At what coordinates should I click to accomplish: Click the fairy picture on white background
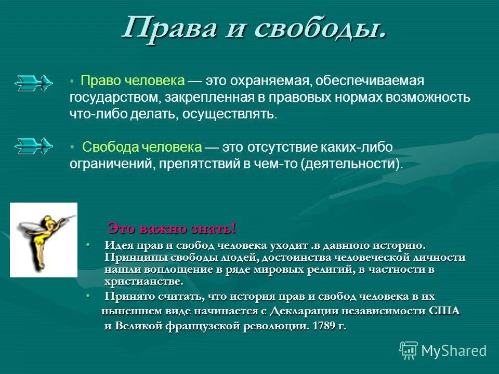[44, 239]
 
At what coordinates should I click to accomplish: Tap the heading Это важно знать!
[172, 228]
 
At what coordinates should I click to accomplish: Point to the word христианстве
[144, 282]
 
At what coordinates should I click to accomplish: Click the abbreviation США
[445, 311]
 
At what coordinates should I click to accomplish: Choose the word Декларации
[303, 311]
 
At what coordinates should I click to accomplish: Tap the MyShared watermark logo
[443, 350]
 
